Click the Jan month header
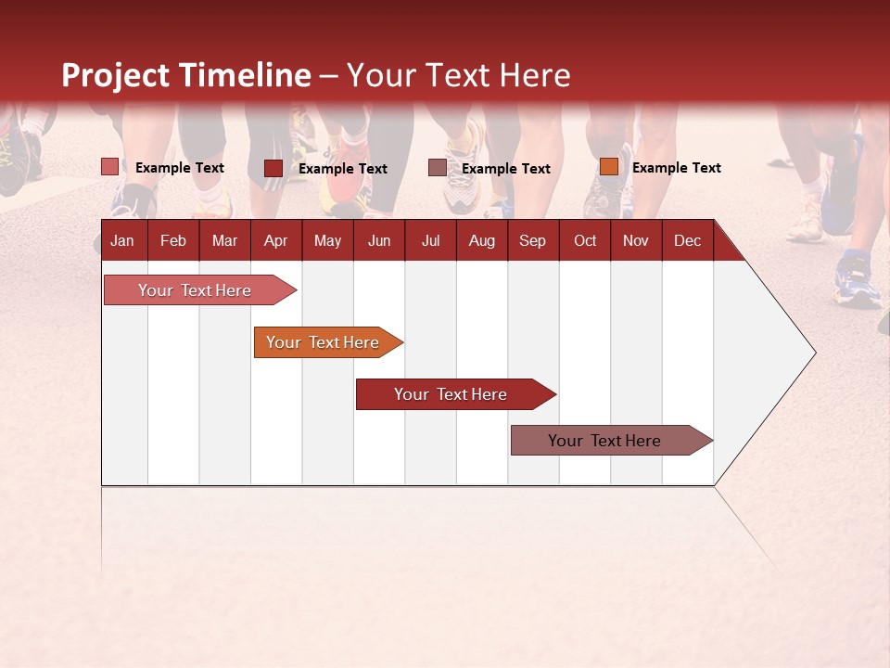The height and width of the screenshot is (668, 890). coord(122,240)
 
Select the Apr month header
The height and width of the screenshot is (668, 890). coord(275,240)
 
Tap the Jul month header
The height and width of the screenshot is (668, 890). coord(430,240)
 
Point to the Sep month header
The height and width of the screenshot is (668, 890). coord(532,240)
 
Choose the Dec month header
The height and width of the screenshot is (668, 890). coord(687,240)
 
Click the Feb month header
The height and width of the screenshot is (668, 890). coord(173,240)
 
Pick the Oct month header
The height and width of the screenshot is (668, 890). coord(585,240)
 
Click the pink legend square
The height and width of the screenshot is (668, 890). coord(110,167)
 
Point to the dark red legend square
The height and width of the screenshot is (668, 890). coord(273,168)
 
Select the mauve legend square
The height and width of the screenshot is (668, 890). coord(438,168)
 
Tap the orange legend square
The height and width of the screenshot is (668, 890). coord(608,167)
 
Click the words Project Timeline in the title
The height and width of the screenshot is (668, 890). coord(185,75)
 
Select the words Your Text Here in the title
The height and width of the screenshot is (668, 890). coord(459,75)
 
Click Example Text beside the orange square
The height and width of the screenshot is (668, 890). coord(676,168)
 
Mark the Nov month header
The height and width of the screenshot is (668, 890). coord(636,240)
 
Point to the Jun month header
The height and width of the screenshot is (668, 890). coord(379,240)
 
